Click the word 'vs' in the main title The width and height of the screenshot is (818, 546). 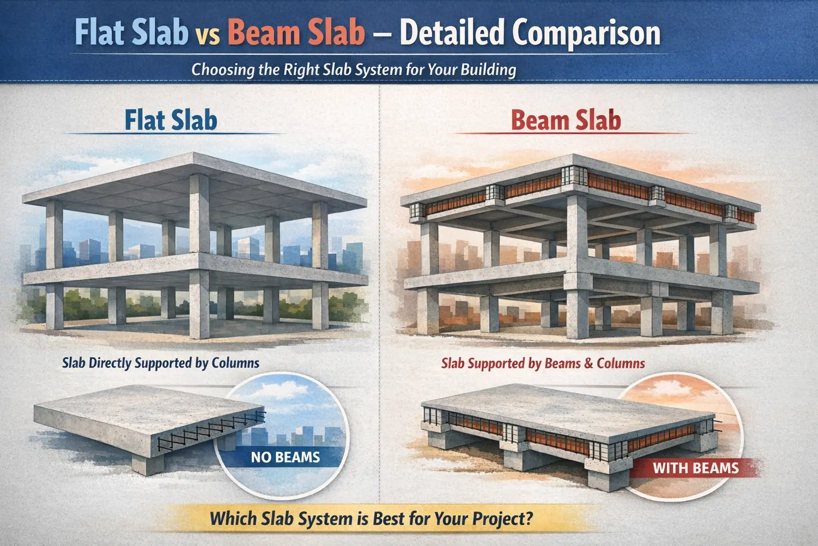click(x=208, y=34)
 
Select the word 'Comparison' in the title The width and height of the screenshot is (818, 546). click(x=586, y=34)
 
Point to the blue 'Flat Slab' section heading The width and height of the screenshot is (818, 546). click(x=171, y=120)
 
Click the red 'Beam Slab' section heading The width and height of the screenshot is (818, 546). click(x=566, y=120)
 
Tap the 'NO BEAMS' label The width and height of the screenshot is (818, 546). click(x=285, y=457)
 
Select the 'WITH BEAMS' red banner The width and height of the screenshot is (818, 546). click(x=696, y=468)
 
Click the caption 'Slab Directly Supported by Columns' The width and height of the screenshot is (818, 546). click(x=160, y=363)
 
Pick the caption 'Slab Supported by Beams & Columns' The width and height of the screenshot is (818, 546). click(x=543, y=364)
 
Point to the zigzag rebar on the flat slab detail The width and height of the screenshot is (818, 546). click(x=213, y=427)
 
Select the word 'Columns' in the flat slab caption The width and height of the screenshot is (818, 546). click(x=235, y=363)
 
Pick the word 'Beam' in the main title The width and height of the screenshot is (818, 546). click(x=259, y=33)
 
